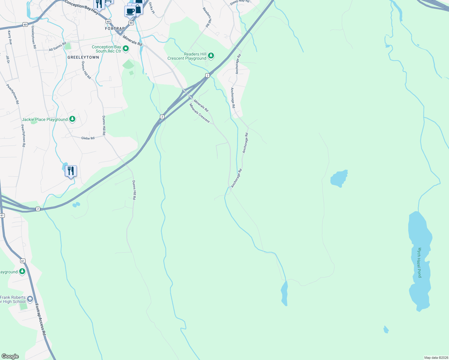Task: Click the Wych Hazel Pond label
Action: (x=420, y=262)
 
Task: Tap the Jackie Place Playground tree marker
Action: (x=72, y=119)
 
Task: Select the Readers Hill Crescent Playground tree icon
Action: (x=211, y=56)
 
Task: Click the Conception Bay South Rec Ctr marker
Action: (x=126, y=48)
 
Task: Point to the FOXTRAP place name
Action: (x=115, y=28)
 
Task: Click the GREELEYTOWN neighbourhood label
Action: (x=83, y=57)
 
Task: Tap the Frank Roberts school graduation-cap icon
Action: (x=30, y=299)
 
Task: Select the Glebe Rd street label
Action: (x=88, y=138)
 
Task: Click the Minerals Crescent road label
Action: (x=199, y=113)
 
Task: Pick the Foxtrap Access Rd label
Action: (x=40, y=319)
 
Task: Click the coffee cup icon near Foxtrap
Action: (x=130, y=11)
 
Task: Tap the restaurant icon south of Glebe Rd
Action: (x=71, y=171)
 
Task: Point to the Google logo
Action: (x=10, y=356)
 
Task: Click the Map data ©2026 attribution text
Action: (x=436, y=358)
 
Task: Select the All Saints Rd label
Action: (x=57, y=46)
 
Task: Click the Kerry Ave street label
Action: (x=10, y=37)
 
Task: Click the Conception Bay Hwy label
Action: (x=81, y=7)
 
